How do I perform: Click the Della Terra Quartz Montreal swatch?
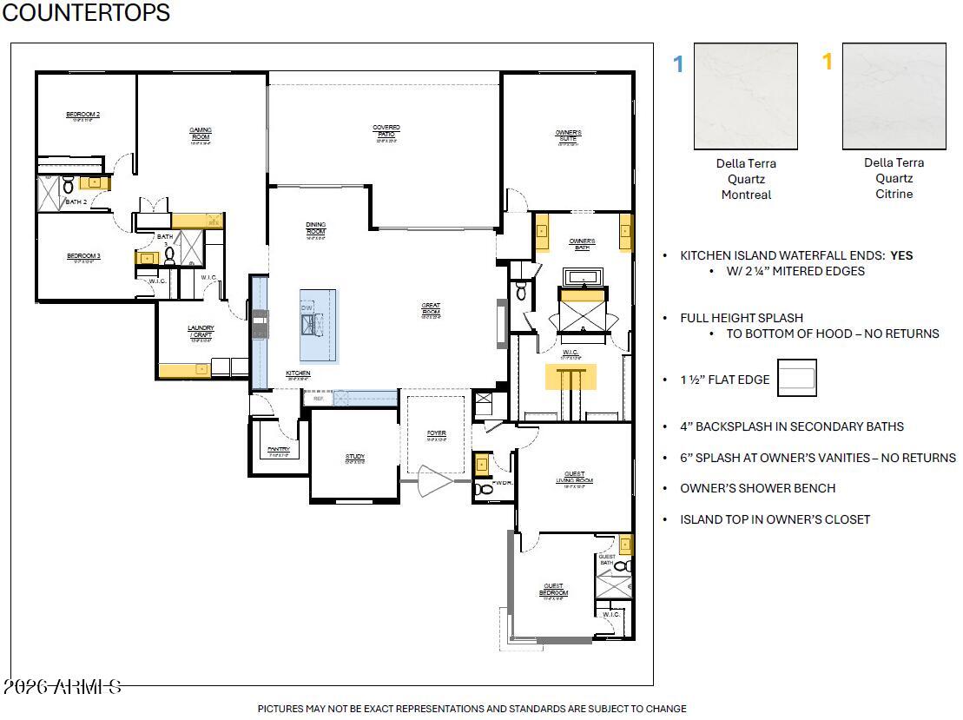[x=746, y=96]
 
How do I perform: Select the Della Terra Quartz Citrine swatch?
[x=894, y=96]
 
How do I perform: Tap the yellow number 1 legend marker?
[x=828, y=62]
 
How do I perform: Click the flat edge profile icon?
[x=796, y=378]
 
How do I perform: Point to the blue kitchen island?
[x=319, y=325]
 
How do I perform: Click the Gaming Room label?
[x=201, y=134]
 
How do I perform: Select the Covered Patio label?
[x=386, y=131]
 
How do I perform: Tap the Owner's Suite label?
[x=569, y=135]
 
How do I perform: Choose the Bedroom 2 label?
[x=83, y=116]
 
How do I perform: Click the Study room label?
[x=354, y=458]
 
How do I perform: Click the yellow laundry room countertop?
[x=184, y=369]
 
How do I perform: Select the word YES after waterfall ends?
[x=901, y=256]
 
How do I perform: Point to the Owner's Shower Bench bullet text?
[x=757, y=488]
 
